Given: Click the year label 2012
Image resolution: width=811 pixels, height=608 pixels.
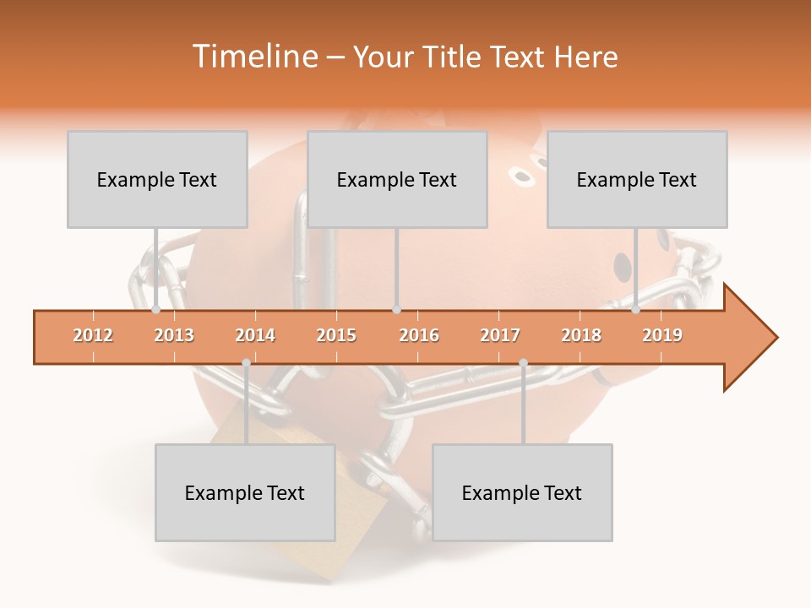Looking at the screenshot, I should (93, 335).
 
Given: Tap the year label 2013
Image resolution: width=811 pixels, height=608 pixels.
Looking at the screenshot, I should (174, 335).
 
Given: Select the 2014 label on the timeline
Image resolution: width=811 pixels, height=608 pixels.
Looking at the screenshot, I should (255, 335).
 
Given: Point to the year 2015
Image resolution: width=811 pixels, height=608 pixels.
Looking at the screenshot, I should (336, 335).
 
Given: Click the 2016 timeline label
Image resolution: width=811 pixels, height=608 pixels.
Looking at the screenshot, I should (419, 335).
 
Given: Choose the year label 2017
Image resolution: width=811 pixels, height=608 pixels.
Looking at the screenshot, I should (500, 335).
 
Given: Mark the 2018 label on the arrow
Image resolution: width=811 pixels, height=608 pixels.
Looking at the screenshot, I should (581, 335).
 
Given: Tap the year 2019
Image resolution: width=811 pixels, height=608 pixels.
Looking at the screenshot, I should (662, 335).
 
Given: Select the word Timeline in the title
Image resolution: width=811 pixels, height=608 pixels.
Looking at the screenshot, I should (253, 57).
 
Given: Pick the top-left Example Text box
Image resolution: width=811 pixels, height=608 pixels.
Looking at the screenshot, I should (157, 179).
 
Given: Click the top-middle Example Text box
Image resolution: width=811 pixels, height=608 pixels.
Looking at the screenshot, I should (397, 179).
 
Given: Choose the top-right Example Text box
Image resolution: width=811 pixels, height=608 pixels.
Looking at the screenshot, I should (637, 179).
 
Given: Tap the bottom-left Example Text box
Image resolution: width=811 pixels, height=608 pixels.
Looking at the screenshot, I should (245, 492).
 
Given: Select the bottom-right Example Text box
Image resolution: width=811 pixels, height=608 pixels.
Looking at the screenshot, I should (522, 492).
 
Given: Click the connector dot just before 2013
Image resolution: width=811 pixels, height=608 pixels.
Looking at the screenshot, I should (156, 310).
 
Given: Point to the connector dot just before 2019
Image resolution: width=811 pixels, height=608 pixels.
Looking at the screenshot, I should (636, 310).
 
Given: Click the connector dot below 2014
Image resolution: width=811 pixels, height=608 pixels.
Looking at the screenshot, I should (246, 362).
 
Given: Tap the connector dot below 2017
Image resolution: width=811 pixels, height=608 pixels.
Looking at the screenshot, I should (523, 362).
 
